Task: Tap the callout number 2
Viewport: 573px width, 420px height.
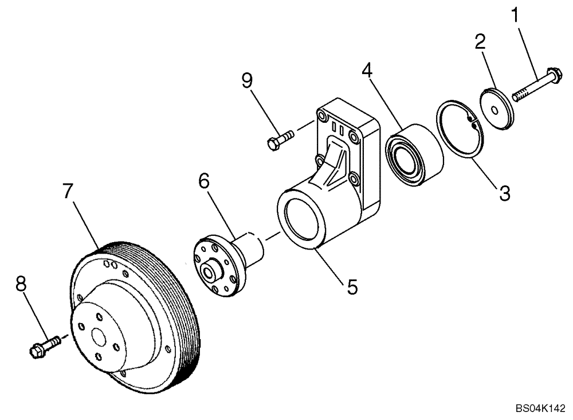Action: click(480, 41)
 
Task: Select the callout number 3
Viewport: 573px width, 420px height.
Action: click(504, 192)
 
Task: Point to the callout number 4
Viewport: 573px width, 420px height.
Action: click(367, 71)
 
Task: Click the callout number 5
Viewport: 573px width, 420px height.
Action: click(351, 285)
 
